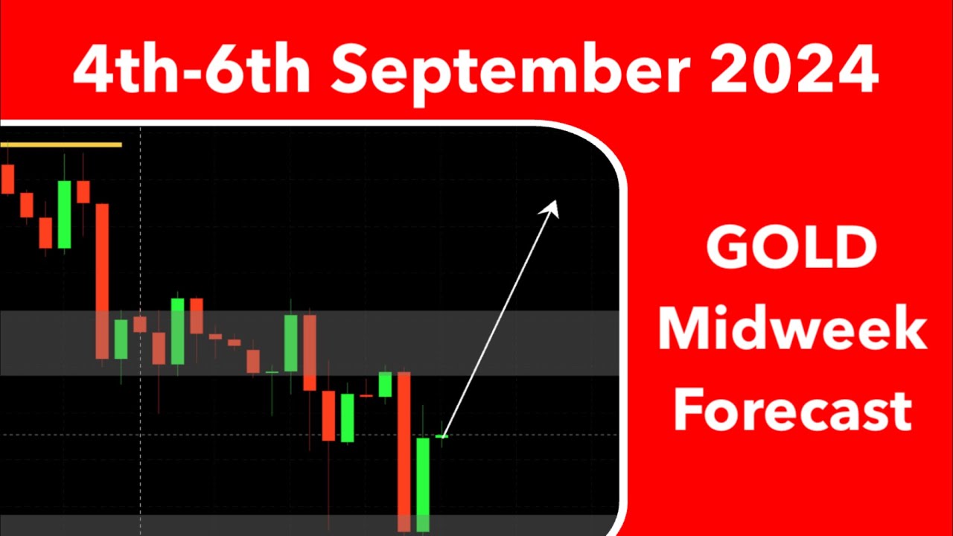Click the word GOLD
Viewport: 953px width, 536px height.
[791, 249]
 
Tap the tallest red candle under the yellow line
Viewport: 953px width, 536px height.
[102, 281]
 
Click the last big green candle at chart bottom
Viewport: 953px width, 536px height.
[423, 484]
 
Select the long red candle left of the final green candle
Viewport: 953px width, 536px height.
[404, 451]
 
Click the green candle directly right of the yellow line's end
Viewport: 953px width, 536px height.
[121, 339]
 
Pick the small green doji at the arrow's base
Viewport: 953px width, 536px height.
[442, 436]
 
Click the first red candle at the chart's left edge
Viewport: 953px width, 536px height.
[8, 179]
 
